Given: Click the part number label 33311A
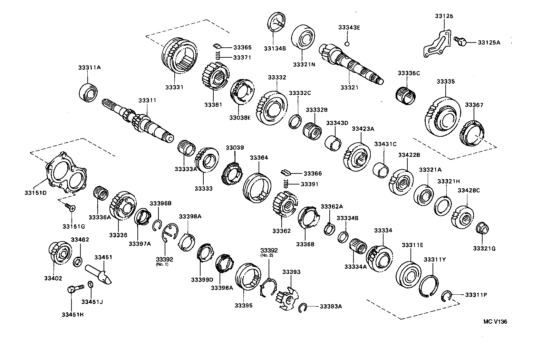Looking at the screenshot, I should [89, 68].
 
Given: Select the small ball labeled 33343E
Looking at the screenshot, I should [348, 44].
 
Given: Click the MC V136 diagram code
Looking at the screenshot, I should [495, 321].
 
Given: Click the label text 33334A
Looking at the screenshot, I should [355, 266].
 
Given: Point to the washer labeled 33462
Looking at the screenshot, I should [78, 262].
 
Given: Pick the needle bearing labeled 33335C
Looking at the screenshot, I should [407, 94].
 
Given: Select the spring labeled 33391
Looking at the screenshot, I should [285, 184].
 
